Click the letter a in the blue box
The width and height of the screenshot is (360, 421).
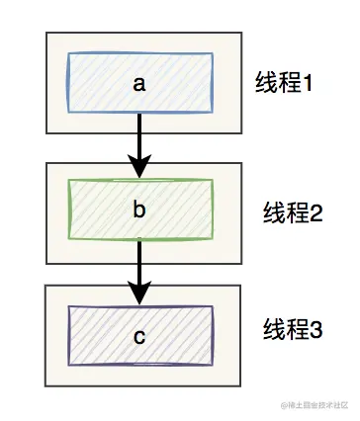click(x=139, y=84)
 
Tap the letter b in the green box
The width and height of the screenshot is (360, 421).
click(x=139, y=210)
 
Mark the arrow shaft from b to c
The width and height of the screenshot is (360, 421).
click(x=139, y=259)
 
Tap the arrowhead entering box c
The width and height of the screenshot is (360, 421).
click(x=139, y=294)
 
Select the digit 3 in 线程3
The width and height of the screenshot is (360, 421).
click(x=316, y=329)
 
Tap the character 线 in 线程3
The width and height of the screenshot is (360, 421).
click(x=272, y=328)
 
